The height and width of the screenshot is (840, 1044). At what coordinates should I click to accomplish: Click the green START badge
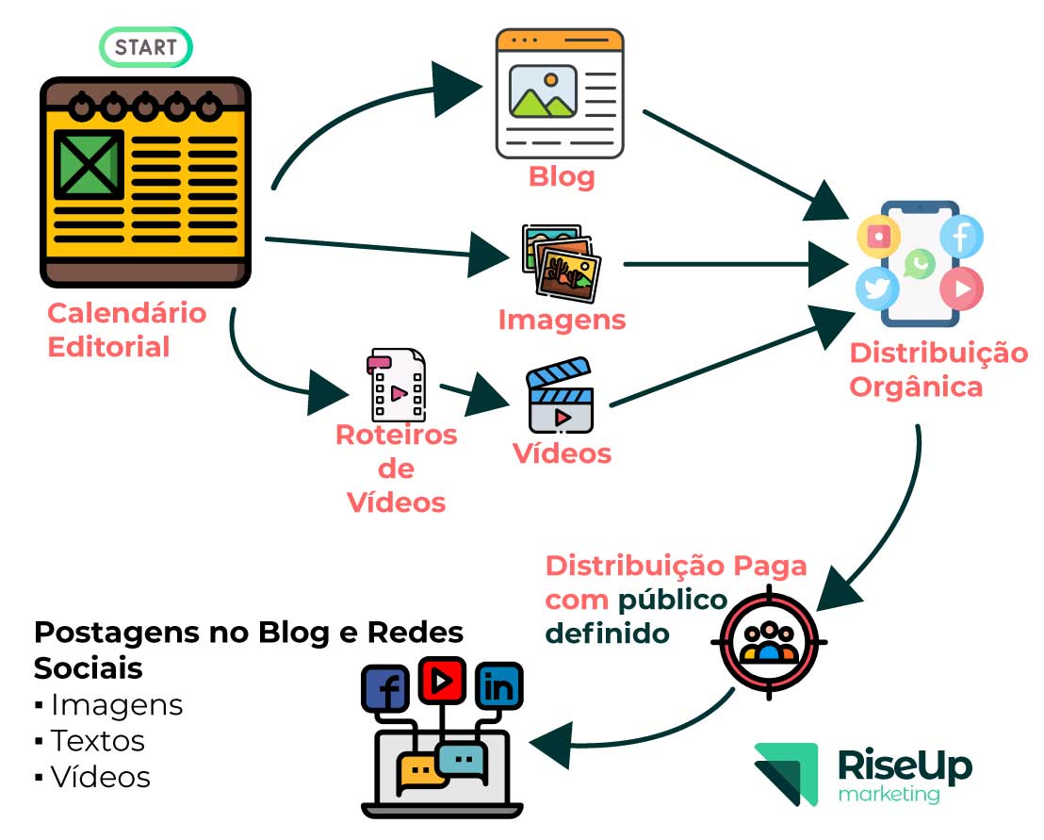point(146,46)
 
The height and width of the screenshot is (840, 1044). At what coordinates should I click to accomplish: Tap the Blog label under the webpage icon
point(562,176)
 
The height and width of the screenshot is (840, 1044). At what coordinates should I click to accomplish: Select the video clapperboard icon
point(561,396)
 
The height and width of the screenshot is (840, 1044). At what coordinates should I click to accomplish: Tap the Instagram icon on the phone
point(878,236)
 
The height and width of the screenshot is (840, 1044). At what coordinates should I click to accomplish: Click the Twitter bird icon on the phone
point(878,288)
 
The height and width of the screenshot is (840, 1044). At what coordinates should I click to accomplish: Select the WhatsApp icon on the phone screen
point(919,264)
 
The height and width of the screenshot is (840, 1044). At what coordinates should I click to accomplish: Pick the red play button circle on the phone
point(961,288)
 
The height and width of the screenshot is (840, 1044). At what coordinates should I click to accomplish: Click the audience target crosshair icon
point(769,642)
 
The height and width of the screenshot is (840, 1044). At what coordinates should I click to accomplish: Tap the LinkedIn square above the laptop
point(499,687)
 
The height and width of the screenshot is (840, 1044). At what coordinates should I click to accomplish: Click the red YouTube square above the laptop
point(443,680)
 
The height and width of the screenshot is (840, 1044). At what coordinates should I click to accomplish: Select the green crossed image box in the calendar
point(88,165)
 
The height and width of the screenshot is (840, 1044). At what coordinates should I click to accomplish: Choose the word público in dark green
point(673,600)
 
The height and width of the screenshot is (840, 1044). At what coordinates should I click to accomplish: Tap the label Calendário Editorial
point(126,330)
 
